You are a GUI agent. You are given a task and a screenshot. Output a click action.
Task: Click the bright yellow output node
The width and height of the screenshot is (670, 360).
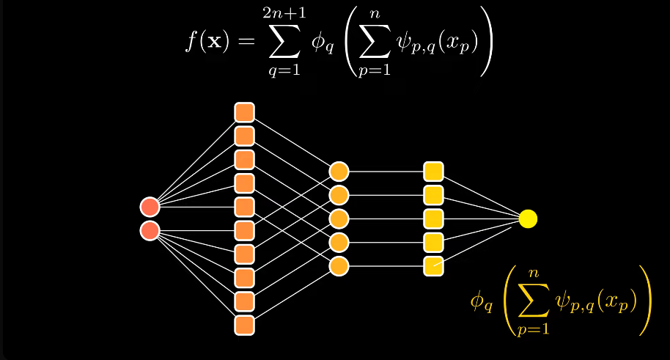pos(528,218)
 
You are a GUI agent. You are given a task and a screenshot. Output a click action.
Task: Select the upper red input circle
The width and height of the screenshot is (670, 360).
pos(150,207)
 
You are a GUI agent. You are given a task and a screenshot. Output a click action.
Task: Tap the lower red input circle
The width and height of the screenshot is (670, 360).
pos(150,231)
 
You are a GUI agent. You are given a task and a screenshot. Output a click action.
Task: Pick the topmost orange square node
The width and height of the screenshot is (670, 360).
pos(244,112)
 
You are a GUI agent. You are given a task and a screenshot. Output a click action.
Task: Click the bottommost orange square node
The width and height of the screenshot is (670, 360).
pos(244,325)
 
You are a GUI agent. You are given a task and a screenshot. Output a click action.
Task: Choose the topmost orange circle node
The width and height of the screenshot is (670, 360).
pos(338,172)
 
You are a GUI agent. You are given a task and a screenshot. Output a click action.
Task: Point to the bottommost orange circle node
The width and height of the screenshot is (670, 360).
pos(338,265)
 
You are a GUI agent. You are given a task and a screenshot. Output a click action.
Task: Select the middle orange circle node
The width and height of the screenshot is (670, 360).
pos(338,218)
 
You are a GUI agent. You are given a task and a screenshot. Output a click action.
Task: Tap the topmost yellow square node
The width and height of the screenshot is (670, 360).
pos(433,172)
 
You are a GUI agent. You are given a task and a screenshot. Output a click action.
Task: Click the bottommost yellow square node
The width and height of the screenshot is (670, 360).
pos(433,265)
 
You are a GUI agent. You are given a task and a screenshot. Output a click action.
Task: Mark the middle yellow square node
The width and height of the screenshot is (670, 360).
pos(433,218)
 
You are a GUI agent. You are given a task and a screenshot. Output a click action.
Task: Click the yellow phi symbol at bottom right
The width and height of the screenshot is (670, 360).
pos(480,301)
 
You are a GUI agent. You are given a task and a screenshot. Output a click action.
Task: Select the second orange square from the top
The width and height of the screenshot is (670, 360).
pos(244,136)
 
